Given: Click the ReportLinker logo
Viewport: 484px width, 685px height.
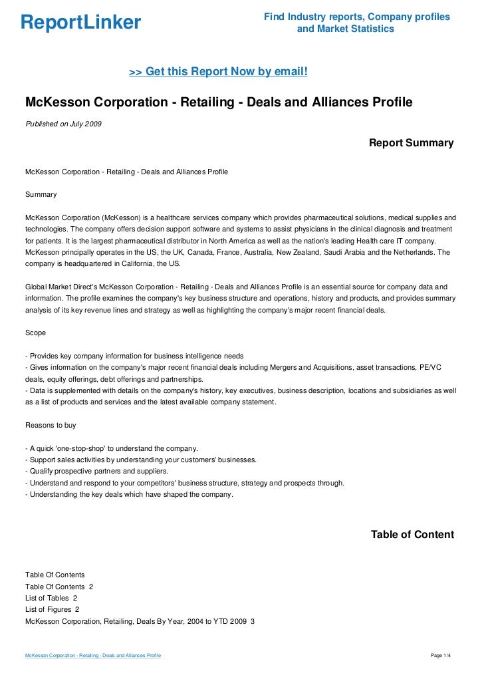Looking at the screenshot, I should (x=80, y=23).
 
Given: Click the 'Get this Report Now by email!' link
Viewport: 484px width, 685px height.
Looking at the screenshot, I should (x=218, y=70).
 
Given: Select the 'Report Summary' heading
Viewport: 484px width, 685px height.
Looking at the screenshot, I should (x=411, y=143).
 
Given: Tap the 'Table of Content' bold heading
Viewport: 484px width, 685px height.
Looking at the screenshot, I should (x=412, y=534).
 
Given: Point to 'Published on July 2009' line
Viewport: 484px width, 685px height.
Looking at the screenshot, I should (x=63, y=124).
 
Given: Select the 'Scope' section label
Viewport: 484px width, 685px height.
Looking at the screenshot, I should (x=36, y=333).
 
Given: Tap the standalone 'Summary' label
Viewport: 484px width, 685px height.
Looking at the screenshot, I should (x=41, y=195).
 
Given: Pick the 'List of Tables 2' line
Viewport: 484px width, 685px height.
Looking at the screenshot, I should (x=52, y=598).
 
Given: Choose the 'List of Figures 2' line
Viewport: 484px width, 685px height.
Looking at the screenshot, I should (x=53, y=609).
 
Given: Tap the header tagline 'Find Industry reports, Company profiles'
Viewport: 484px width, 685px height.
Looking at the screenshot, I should (x=356, y=17).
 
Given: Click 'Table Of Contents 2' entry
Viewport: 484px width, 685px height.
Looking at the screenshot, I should (x=59, y=587).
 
